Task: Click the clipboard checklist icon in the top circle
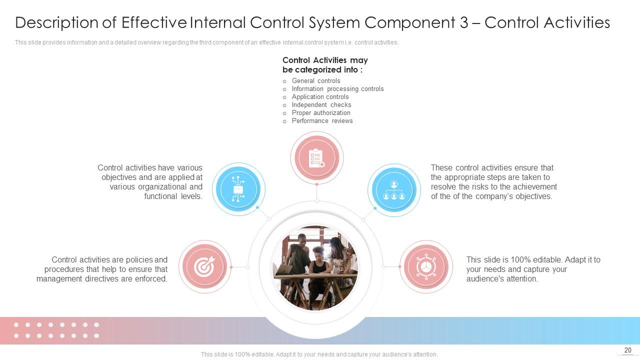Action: pyautogui.click(x=316, y=158)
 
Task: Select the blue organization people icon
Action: pyautogui.click(x=394, y=190)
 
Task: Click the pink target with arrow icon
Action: pyautogui.click(x=204, y=267)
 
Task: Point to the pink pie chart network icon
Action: pyautogui.click(x=426, y=267)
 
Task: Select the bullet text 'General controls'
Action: pyautogui.click(x=316, y=81)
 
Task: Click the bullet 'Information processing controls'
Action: pyautogui.click(x=337, y=89)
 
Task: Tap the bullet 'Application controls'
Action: pyautogui.click(x=320, y=97)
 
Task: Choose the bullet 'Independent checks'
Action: pyautogui.click(x=321, y=105)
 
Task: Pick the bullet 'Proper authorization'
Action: pyautogui.click(x=321, y=113)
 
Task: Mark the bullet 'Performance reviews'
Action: pyautogui.click(x=322, y=121)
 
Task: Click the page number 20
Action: pyautogui.click(x=628, y=350)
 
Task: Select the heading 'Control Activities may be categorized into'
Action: pyautogui.click(x=325, y=65)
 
